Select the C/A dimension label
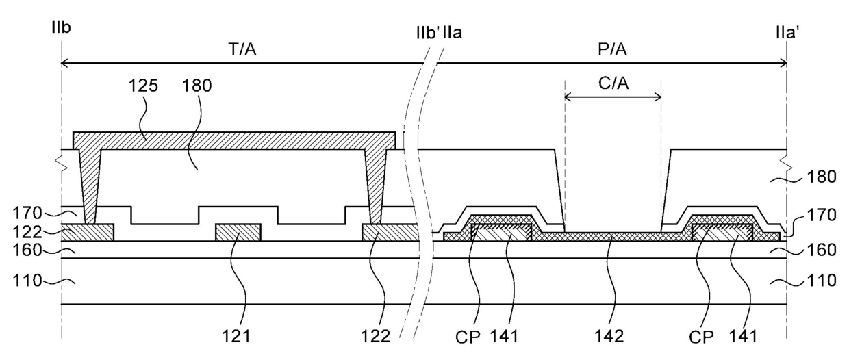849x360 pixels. (613, 84)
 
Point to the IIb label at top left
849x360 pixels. (61, 28)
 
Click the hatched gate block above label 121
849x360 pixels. (238, 232)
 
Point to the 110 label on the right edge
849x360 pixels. (822, 280)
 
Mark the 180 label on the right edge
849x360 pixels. (822, 177)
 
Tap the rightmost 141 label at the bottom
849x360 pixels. (744, 336)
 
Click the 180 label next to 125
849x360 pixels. (199, 87)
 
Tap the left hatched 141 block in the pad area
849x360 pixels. (501, 233)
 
